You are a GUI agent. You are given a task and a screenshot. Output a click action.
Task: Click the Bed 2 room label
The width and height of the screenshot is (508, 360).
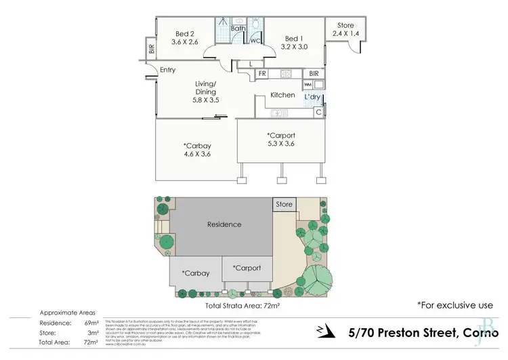point(185,37)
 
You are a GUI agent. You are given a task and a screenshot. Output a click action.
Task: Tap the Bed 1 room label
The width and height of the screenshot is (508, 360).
point(295,43)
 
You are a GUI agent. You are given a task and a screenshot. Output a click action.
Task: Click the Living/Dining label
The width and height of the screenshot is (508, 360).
point(206,92)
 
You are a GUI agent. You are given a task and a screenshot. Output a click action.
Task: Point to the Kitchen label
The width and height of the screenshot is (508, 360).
point(282,96)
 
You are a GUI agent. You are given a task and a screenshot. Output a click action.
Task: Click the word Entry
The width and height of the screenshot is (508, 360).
point(167,70)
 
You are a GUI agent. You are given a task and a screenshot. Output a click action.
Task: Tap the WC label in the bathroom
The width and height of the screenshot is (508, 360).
point(255,41)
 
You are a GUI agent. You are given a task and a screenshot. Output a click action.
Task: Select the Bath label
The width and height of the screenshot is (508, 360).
point(238,28)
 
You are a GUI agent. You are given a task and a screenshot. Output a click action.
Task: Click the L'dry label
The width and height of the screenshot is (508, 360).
point(312,98)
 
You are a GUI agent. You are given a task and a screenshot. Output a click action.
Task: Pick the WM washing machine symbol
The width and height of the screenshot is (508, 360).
point(308,84)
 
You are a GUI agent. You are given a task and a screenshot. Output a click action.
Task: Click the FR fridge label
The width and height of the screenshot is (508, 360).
point(261,73)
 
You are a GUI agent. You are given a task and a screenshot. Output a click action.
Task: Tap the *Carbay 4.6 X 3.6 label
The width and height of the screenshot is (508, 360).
point(196,149)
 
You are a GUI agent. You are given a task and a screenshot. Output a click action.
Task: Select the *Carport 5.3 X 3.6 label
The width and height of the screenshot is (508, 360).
point(282,140)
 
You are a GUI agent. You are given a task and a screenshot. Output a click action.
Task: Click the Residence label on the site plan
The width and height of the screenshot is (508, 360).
point(224,224)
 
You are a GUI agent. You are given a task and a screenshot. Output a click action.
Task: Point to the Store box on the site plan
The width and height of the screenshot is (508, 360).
point(284,204)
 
